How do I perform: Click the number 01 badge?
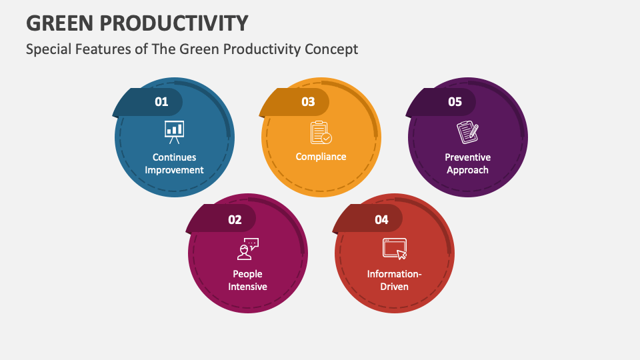pos(161,102)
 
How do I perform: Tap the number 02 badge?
pos(235,219)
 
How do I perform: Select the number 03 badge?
pos(308,102)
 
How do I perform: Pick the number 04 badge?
pos(381,219)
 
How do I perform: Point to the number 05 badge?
pos(455,102)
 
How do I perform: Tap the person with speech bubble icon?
pos(248,249)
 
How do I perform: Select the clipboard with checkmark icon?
pos(321,132)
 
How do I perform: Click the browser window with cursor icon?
pos(394,249)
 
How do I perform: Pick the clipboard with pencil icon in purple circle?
pos(467,132)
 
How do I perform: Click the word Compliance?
pos(321,157)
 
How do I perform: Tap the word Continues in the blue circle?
pos(175,157)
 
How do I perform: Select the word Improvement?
pos(175,170)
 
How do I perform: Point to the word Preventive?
pos(468,157)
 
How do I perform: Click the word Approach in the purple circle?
pos(468,170)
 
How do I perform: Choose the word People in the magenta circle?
pos(247,274)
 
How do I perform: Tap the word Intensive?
pos(248,287)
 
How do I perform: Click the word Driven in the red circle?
pos(395,287)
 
